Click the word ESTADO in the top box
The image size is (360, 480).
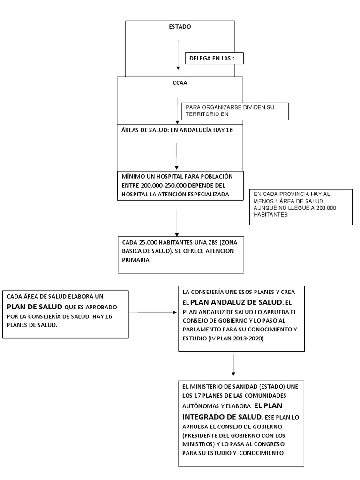click(180, 27)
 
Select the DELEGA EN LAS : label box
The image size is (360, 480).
click(214, 58)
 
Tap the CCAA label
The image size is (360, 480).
click(180, 82)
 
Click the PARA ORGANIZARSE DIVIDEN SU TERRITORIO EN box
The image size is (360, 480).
click(235, 111)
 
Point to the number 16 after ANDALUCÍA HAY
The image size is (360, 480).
click(229, 130)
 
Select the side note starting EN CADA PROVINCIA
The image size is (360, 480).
click(301, 207)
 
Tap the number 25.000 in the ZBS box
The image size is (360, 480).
click(146, 242)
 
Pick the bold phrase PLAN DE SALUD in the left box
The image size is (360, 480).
click(35, 307)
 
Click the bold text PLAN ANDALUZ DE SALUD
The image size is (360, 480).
click(236, 302)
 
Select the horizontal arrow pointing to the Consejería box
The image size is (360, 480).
click(153, 312)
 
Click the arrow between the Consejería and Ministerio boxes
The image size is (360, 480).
click(233, 364)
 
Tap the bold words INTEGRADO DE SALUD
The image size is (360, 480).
click(222, 417)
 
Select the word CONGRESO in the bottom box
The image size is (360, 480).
click(271, 444)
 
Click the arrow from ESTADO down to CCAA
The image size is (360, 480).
click(178, 55)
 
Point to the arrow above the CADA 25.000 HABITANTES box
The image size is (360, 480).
click(177, 223)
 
